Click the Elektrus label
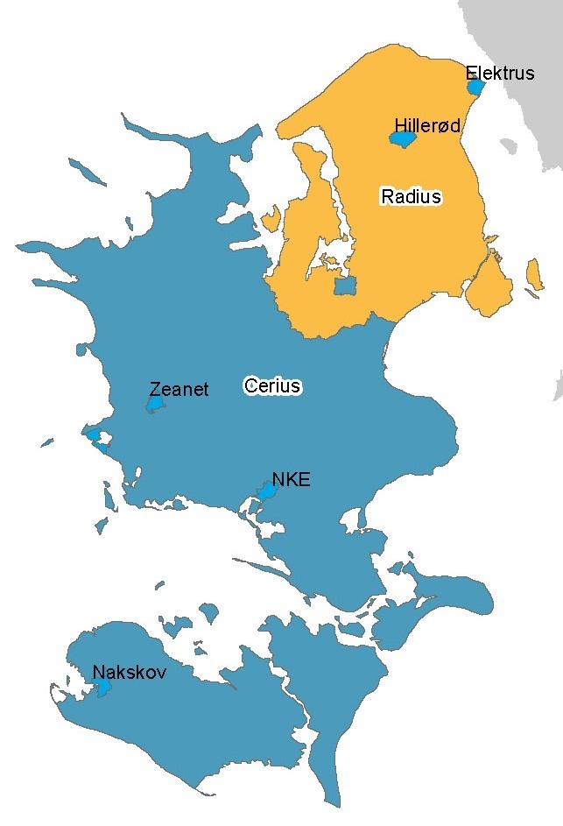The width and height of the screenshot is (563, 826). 500,73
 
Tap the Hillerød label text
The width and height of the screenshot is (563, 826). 427,126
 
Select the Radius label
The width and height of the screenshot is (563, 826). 411,196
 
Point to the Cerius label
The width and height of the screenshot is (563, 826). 272,385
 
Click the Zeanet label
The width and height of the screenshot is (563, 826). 179,389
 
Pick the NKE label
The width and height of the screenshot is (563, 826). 292,479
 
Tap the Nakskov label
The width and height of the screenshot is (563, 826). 130,673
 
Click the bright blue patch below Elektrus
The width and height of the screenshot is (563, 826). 475,87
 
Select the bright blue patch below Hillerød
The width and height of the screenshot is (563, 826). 402,139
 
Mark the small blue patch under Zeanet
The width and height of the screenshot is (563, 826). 155,405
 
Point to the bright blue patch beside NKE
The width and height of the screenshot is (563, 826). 265,491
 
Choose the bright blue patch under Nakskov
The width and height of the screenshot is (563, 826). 103,688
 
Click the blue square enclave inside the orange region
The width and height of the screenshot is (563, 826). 346,286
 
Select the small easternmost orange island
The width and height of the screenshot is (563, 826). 531,275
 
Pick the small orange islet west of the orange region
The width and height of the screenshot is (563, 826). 270,219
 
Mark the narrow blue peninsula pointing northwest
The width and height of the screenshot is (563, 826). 149,131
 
